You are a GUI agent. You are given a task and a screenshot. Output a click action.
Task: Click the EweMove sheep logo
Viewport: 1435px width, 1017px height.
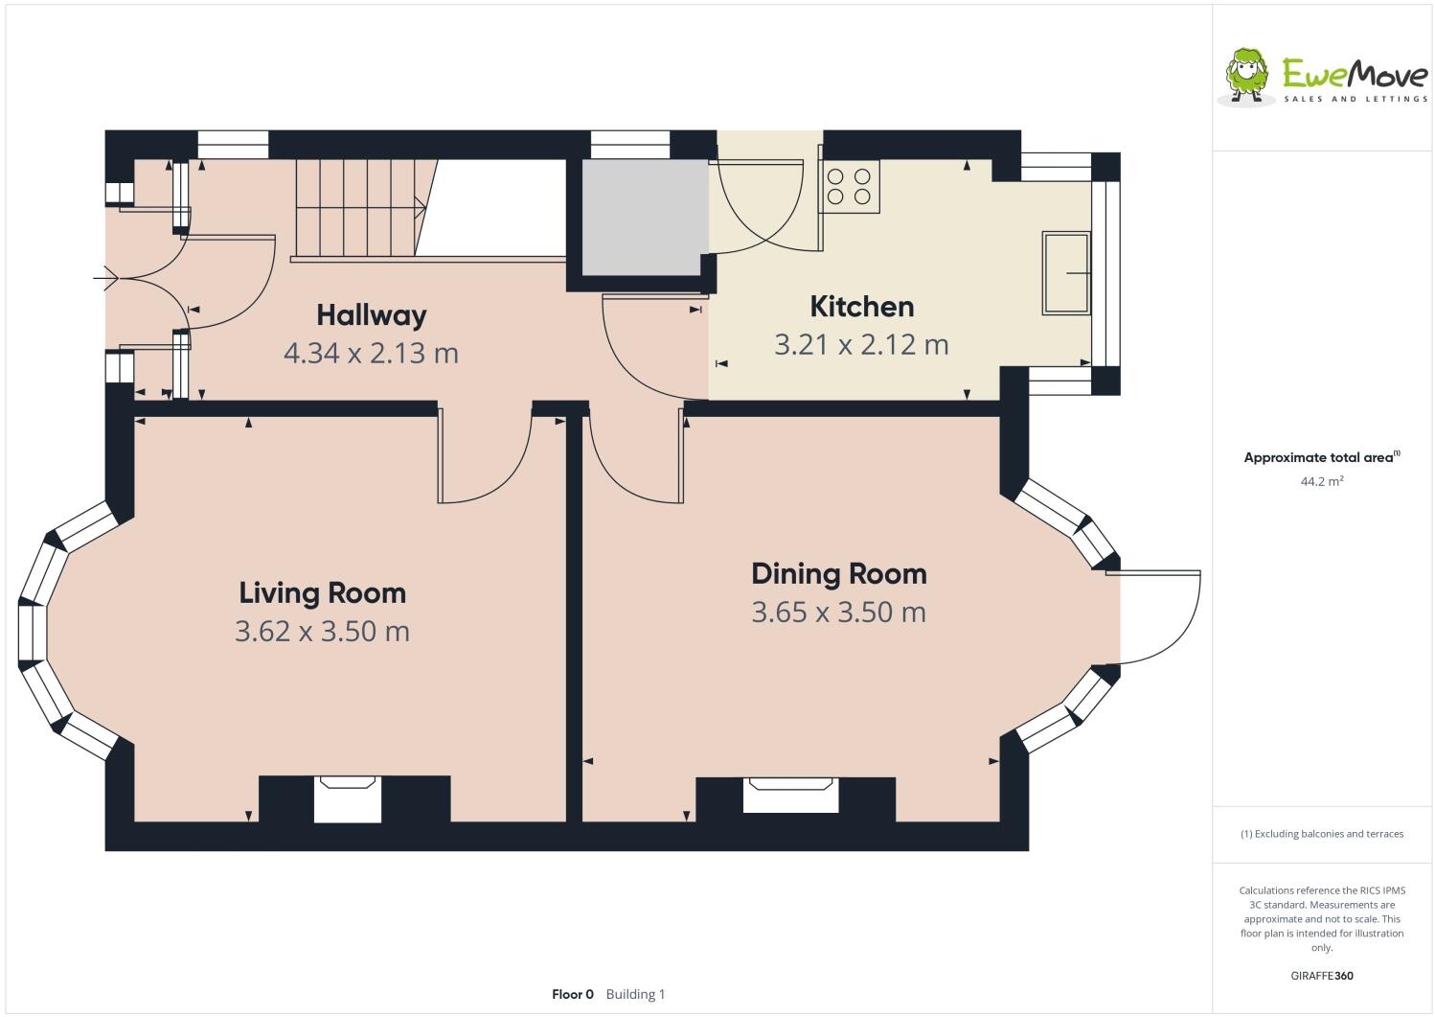pyautogui.click(x=1246, y=74)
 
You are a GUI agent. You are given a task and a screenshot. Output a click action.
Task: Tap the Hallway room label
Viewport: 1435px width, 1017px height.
pyautogui.click(x=371, y=314)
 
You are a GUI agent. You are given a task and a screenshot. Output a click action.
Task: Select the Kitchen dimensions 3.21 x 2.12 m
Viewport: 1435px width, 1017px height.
pyautogui.click(x=861, y=344)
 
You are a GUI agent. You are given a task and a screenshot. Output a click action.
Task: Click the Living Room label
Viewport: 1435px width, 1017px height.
pyautogui.click(x=322, y=592)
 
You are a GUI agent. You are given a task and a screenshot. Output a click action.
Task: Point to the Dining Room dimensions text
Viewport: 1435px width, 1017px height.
pyautogui.click(x=838, y=612)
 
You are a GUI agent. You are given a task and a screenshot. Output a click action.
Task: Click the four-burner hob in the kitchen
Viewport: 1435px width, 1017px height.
pyautogui.click(x=850, y=186)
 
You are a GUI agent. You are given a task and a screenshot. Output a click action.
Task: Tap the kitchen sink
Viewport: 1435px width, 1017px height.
pyautogui.click(x=1065, y=272)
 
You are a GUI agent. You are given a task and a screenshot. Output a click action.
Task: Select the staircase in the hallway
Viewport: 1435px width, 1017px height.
pyautogui.click(x=359, y=207)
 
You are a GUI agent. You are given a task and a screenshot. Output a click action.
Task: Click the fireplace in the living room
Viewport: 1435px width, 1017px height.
pyautogui.click(x=347, y=799)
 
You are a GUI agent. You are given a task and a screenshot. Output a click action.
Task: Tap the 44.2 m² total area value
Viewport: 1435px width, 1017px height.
pyautogui.click(x=1321, y=481)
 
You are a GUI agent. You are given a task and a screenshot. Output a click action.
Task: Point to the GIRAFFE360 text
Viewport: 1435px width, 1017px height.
pyautogui.click(x=1321, y=976)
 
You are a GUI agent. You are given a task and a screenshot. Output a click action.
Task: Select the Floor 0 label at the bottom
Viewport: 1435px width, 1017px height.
pyautogui.click(x=573, y=994)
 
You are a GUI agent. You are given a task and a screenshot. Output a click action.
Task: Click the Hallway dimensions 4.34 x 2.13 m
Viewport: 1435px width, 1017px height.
pyautogui.click(x=371, y=353)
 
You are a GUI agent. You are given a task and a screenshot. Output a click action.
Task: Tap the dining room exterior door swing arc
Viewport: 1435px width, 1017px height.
pyautogui.click(x=1169, y=623)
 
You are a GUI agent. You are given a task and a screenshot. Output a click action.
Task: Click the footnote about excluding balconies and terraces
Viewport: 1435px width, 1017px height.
pyautogui.click(x=1321, y=833)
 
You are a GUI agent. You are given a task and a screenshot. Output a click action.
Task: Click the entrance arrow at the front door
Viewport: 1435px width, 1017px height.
pyautogui.click(x=105, y=279)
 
